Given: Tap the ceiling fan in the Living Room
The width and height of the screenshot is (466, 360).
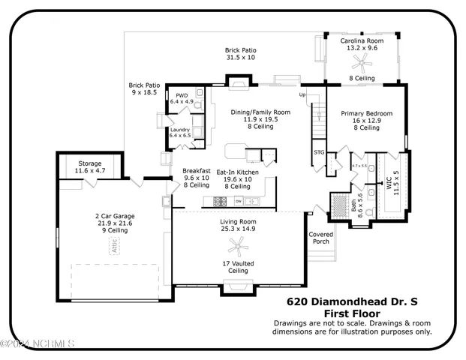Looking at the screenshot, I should point(241,244).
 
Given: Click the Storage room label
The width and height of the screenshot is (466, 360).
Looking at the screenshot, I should point(90,163).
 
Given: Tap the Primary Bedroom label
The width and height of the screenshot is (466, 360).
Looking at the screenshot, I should point(367,114).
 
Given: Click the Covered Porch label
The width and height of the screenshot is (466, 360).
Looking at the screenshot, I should point(320,238).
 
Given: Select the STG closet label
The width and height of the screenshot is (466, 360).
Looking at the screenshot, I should point(319,152).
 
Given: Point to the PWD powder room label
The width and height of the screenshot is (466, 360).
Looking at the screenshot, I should point(182,96).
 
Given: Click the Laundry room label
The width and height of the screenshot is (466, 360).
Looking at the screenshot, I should point(180,130).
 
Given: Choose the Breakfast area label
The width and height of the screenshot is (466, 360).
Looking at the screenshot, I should point(196,171).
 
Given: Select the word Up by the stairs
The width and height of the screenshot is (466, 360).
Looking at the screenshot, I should point(303,95).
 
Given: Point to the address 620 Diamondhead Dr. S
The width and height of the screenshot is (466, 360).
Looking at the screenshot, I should point(351,302).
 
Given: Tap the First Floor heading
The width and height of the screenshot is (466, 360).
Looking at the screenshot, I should point(351,313).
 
